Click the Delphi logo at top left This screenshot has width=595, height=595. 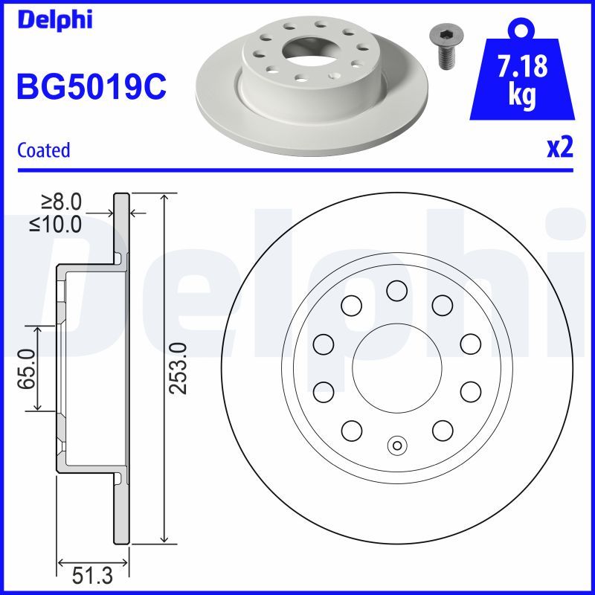(54, 20)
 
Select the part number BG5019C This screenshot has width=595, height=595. (91, 86)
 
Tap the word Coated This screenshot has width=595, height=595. (43, 150)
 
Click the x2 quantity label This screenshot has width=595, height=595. (560, 148)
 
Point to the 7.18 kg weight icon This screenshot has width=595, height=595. (522, 78)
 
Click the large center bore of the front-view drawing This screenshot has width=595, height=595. (397, 368)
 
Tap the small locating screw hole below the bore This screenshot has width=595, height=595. (397, 446)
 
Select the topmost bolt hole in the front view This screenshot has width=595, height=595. (397, 291)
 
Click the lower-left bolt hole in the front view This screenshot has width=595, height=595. (351, 430)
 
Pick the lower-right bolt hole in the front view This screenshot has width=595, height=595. (443, 430)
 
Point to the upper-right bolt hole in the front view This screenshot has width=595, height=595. (443, 304)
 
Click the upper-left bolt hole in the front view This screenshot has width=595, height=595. (351, 304)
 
